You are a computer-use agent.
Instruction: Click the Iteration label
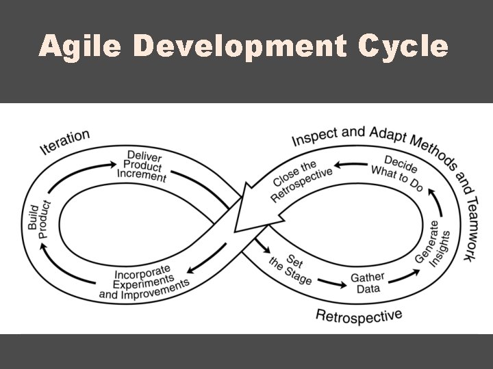pyautogui.click(x=65, y=141)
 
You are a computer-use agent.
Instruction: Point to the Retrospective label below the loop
pyautogui.click(x=358, y=315)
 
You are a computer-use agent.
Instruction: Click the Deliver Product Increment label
pyautogui.click(x=144, y=165)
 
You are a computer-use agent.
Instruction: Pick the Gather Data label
pyautogui.click(x=368, y=282)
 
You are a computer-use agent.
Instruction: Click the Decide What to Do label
pyautogui.click(x=396, y=174)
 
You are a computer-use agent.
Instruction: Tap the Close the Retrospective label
pyautogui.click(x=301, y=180)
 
